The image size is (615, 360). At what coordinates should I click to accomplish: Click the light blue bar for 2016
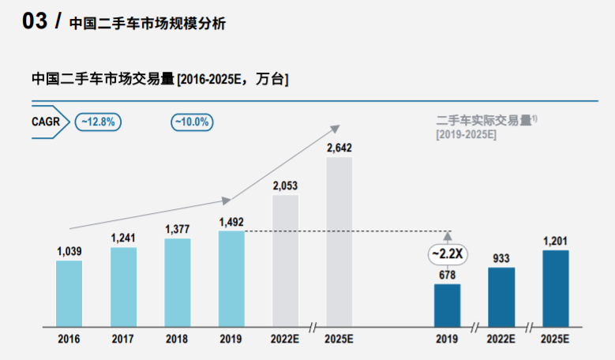tap(69, 293)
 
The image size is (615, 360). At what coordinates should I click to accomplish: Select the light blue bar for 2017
tap(123, 287)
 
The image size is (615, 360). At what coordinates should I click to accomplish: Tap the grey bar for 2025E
tap(339, 241)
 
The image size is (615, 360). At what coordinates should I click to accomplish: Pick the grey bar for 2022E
tap(285, 261)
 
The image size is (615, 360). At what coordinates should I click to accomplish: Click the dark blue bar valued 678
tap(447, 305)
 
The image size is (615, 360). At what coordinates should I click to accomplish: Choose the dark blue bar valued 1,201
tap(555, 288)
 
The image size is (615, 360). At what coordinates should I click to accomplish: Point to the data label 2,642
tap(339, 147)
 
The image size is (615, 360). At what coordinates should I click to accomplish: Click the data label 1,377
tap(178, 229)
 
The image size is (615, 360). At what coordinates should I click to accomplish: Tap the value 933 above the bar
tap(501, 257)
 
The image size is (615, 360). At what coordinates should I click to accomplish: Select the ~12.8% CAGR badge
tap(97, 122)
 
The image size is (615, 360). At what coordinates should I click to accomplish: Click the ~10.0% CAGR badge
tap(192, 122)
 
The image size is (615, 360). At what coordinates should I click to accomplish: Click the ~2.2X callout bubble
tap(447, 254)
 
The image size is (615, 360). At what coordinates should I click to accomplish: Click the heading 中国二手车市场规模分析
tap(147, 24)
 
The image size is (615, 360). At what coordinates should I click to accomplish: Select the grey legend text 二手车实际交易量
tap(483, 120)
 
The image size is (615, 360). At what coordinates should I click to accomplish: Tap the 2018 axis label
tap(177, 339)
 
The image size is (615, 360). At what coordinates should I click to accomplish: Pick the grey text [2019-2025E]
tap(466, 134)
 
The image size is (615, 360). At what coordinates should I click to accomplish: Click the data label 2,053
tap(285, 186)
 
